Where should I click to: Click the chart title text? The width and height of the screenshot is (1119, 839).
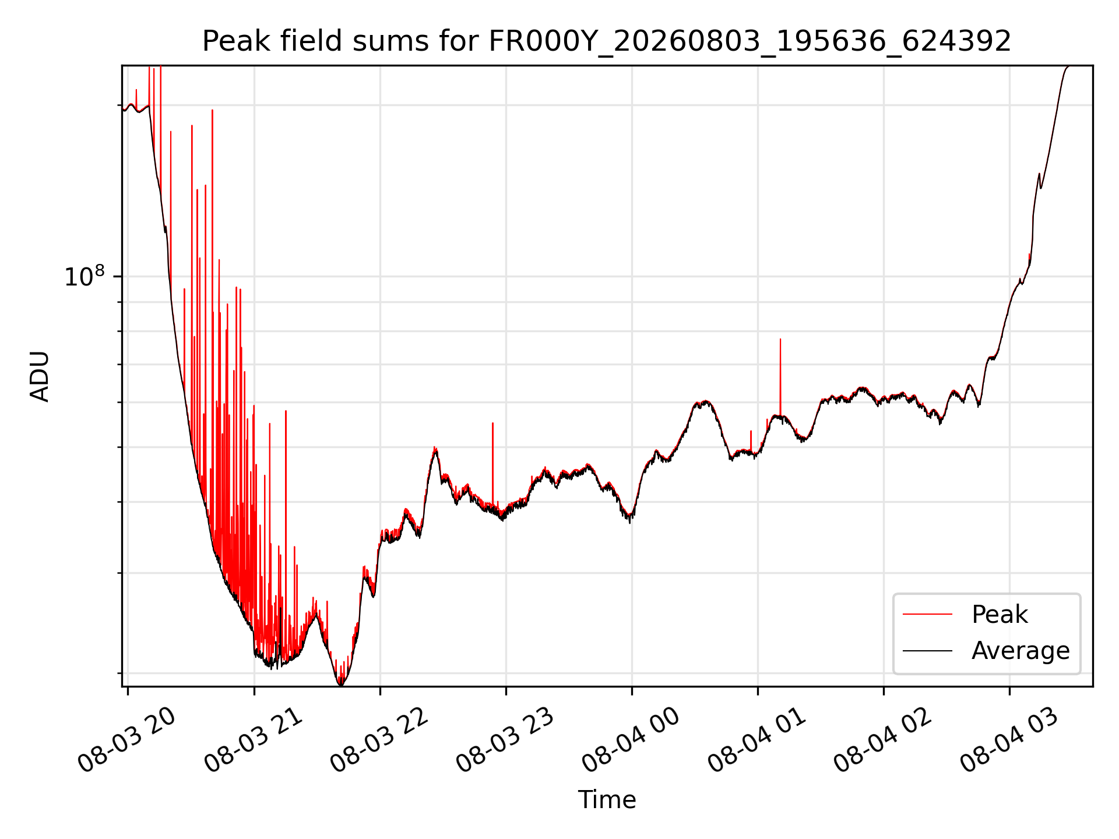607,41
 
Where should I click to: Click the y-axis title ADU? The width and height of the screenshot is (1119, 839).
40,376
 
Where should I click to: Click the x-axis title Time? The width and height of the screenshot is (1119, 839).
607,799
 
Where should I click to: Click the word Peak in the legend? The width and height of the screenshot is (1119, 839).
1000,615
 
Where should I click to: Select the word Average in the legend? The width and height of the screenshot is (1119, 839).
1021,651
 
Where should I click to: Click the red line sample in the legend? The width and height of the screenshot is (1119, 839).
927,615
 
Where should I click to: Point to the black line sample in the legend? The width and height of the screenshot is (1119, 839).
927,651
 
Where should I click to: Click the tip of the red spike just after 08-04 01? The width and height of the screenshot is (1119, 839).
780,339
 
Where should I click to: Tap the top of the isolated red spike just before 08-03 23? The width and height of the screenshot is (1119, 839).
492,423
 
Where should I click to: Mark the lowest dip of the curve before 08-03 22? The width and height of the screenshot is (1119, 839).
341,685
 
